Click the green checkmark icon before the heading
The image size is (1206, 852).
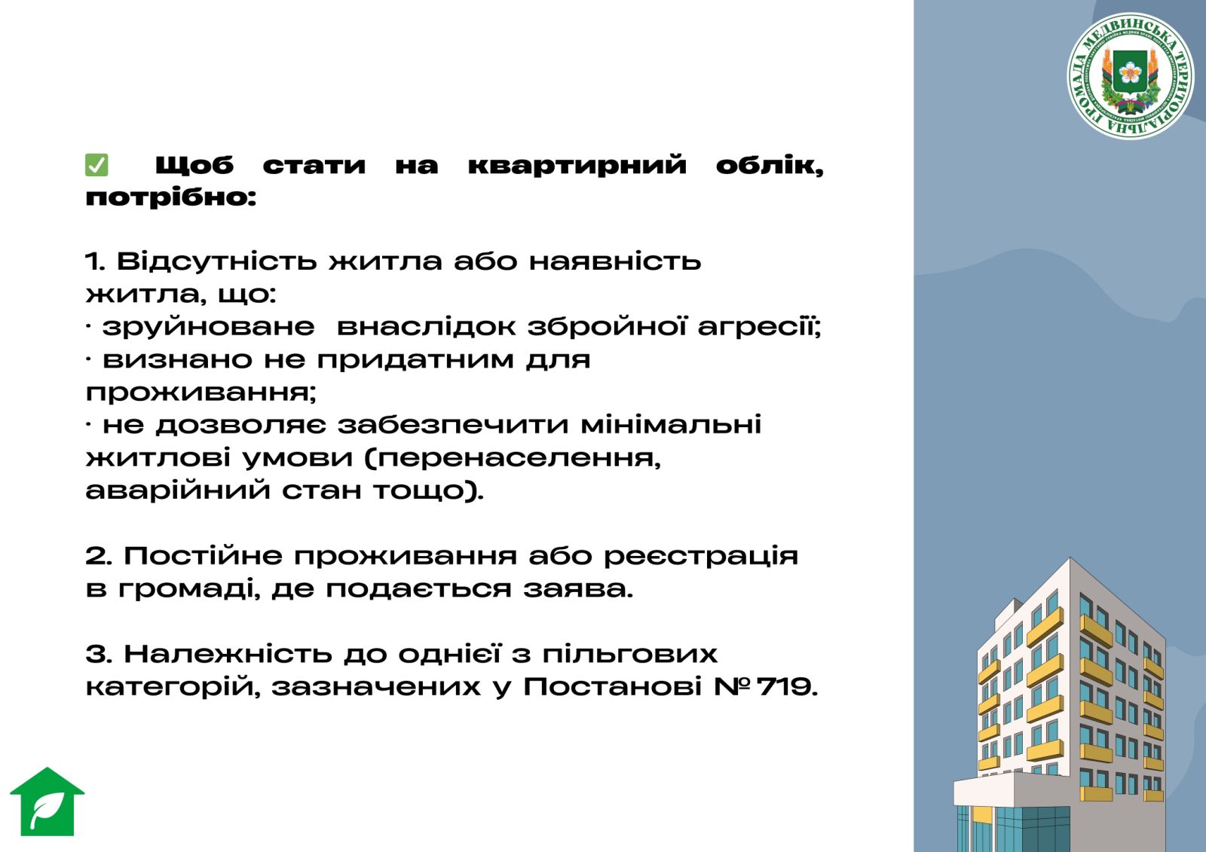[x=96, y=165]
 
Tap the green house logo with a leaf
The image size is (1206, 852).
[x=47, y=802]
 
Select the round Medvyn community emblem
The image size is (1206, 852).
[x=1130, y=76]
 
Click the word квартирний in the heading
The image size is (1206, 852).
[x=577, y=165]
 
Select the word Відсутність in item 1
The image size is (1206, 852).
[x=216, y=261]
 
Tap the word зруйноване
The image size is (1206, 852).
[x=208, y=327]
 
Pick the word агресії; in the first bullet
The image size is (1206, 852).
[x=760, y=327]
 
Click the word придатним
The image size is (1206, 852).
[x=415, y=360]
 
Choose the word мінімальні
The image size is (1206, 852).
[x=671, y=425]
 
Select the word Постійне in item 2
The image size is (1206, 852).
[x=203, y=556]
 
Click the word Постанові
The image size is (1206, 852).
[x=613, y=687]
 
